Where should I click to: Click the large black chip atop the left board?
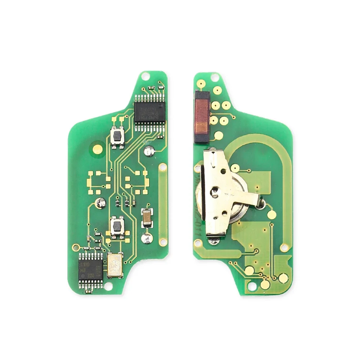(149, 112)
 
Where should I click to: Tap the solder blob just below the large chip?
(148, 151)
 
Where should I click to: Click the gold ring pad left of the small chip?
(75, 247)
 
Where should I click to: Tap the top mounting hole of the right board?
(215, 76)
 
